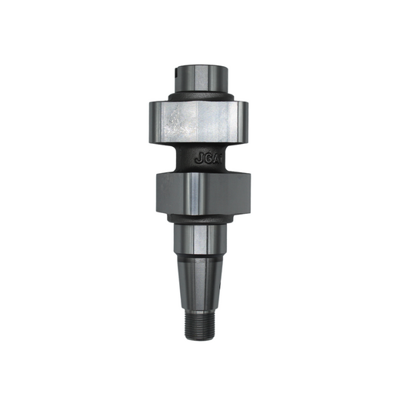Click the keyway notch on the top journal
click(178, 74)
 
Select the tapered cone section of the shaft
click(202, 281)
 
